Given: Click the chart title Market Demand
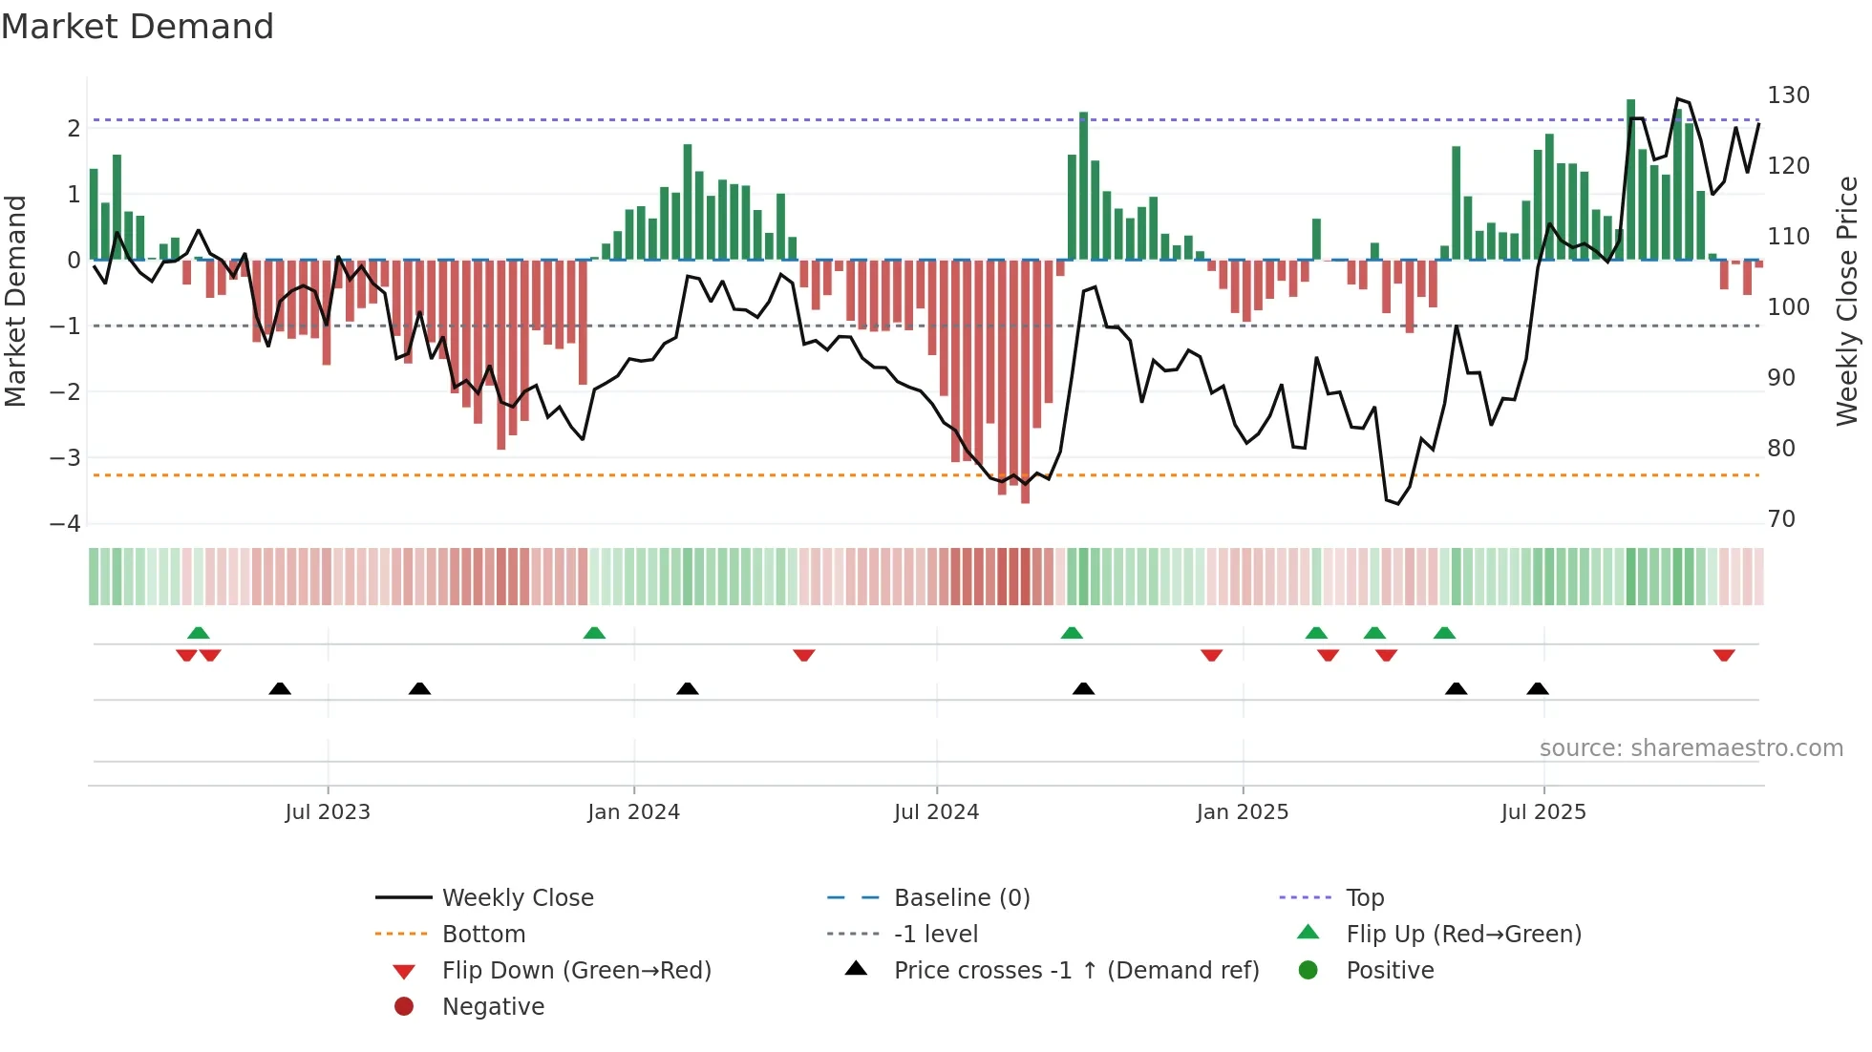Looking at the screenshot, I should point(138,27).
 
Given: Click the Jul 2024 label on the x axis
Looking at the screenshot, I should point(936,812).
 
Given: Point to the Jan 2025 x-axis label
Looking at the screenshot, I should point(1242,812).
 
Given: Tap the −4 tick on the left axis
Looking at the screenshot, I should point(65,523).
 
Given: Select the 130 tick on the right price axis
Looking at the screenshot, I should point(1788,95).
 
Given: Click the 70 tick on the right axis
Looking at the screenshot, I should point(1781,519).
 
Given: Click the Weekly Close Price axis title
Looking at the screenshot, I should point(1847,301).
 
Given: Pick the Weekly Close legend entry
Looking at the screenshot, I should point(517,897).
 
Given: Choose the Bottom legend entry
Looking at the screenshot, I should point(483,934).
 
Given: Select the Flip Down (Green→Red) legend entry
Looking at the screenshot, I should point(576,970).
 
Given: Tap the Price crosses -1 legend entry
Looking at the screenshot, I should point(1075,970).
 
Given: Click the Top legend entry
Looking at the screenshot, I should point(1364,897).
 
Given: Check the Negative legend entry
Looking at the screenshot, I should point(493,1006).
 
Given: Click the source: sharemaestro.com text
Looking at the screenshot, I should point(1691,747).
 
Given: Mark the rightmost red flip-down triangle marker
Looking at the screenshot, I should point(1723,656).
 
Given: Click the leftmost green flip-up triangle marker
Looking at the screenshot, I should point(199,632).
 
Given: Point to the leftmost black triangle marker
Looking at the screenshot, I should point(280,688).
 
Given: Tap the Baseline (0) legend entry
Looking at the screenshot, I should point(961,897).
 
